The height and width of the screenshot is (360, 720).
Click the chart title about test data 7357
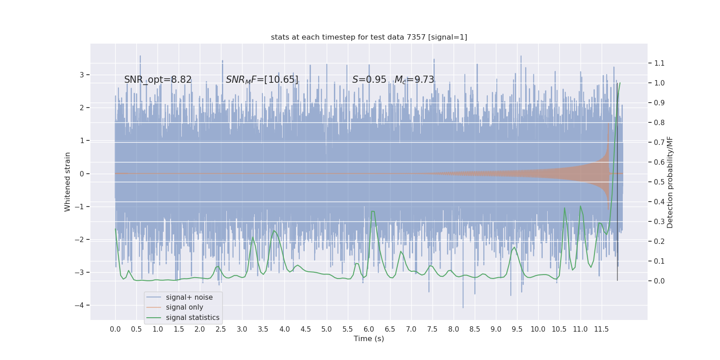pos(369,37)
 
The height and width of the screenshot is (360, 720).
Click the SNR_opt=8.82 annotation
pos(158,80)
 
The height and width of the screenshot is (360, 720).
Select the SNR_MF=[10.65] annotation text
pos(262,80)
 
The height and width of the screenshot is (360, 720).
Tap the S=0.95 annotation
pos(369,80)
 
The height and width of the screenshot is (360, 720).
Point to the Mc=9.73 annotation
pos(414,80)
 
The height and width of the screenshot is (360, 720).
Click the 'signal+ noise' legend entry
pos(189,297)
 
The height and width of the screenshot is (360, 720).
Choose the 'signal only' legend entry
pos(184,307)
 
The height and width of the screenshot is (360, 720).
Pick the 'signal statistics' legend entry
pos(193,318)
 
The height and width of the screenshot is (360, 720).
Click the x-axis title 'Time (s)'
pos(369,339)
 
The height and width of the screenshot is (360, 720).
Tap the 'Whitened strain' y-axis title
pos(68,182)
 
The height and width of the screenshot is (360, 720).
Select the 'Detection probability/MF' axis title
pos(670,182)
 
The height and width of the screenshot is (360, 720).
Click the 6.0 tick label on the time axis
pos(369,329)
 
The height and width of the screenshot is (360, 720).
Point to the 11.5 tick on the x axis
pos(601,329)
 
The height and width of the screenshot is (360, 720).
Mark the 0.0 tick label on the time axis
pos(115,329)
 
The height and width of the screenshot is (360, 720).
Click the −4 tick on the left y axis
pos(81,306)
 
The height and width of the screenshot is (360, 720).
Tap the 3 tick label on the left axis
pos(82,75)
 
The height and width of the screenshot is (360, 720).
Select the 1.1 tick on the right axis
pos(659,63)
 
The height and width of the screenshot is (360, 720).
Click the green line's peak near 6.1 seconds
pos(373,211)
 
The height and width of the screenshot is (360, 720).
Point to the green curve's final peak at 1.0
pos(620,83)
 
